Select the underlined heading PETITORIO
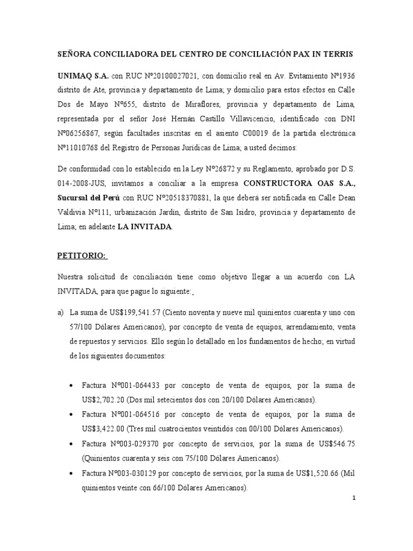[83, 256]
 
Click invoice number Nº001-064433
[136, 386]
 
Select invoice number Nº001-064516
[136, 415]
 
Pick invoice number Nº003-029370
[136, 444]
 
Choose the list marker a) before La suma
[60, 313]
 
